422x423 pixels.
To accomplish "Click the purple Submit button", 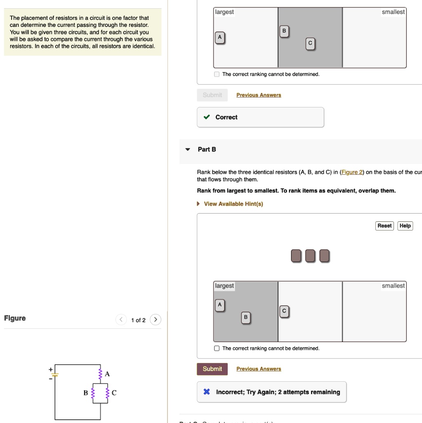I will pyautogui.click(x=212, y=369).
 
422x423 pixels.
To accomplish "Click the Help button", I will pyautogui.click(x=405, y=226).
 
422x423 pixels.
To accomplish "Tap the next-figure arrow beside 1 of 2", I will pyautogui.click(x=156, y=320).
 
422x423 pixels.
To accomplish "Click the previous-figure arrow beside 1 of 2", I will pyautogui.click(x=121, y=320).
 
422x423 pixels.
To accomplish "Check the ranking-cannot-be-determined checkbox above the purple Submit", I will pyautogui.click(x=217, y=348).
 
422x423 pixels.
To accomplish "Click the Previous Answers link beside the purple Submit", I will pyautogui.click(x=259, y=369).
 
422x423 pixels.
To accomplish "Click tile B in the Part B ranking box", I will pyautogui.click(x=245, y=318).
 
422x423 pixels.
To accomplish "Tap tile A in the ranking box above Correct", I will pyautogui.click(x=220, y=38).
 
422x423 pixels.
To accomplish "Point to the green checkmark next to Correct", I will pyautogui.click(x=207, y=117).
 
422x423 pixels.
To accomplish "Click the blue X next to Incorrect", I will pyautogui.click(x=207, y=392).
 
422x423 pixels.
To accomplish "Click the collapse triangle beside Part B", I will pyautogui.click(x=188, y=150).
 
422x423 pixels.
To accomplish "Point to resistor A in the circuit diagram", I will pyautogui.click(x=100, y=374).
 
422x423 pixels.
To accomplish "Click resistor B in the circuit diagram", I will pyautogui.click(x=93, y=393).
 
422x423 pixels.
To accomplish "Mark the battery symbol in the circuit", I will pyautogui.click(x=55, y=375).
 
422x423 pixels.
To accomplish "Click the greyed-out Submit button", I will pyautogui.click(x=212, y=95).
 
